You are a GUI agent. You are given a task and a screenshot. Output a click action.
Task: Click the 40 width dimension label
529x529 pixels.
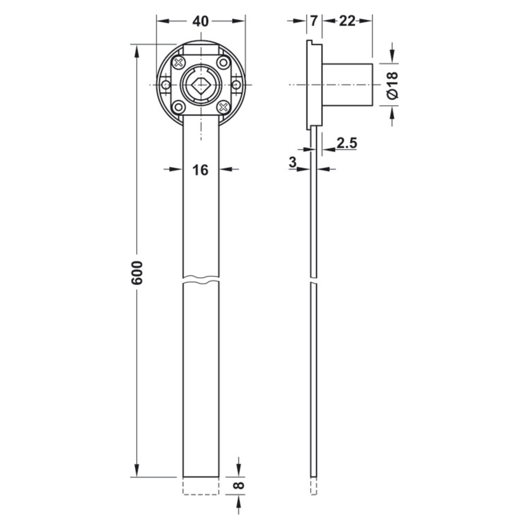pos(200,21)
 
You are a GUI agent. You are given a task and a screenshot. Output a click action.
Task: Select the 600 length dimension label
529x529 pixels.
pos(137,273)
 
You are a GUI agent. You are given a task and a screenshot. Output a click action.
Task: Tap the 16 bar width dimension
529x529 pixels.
pos(200,170)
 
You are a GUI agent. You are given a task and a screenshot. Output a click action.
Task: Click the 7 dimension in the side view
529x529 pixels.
pos(314,21)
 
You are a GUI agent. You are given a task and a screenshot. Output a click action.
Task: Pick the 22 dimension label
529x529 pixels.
pos(347,21)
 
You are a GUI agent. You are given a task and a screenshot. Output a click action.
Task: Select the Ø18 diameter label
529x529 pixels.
pos(392,85)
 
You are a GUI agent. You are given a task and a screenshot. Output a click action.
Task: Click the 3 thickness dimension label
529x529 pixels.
pos(293,162)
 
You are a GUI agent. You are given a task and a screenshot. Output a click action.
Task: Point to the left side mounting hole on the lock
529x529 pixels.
pos(165,85)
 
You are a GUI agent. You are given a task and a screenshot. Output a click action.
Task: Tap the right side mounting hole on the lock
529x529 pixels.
pos(237,85)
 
